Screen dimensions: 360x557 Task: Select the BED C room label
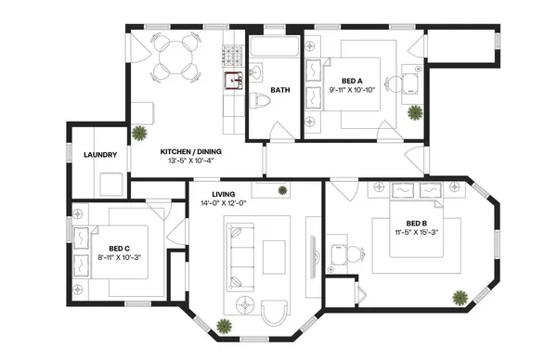pyautogui.click(x=118, y=248)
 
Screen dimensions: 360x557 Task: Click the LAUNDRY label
pyautogui.click(x=99, y=154)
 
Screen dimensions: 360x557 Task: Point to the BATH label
pyautogui.click(x=281, y=90)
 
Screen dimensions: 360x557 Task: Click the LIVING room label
pyautogui.click(x=223, y=195)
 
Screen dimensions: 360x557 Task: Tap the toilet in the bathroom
pyautogui.click(x=261, y=102)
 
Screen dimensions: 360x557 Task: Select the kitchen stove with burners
pyautogui.click(x=231, y=57)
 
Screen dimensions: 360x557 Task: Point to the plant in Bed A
pyautogui.click(x=414, y=112)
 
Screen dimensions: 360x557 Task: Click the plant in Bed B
pyautogui.click(x=459, y=298)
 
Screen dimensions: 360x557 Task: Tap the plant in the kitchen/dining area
pyautogui.click(x=139, y=132)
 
